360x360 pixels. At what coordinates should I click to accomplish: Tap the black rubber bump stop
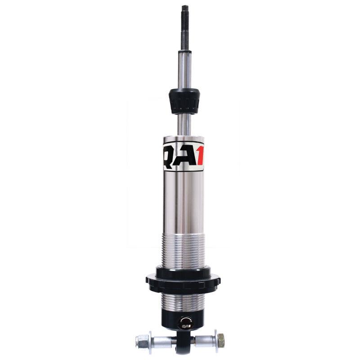coord(184,101)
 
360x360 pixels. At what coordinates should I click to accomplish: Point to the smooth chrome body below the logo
coord(183,202)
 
